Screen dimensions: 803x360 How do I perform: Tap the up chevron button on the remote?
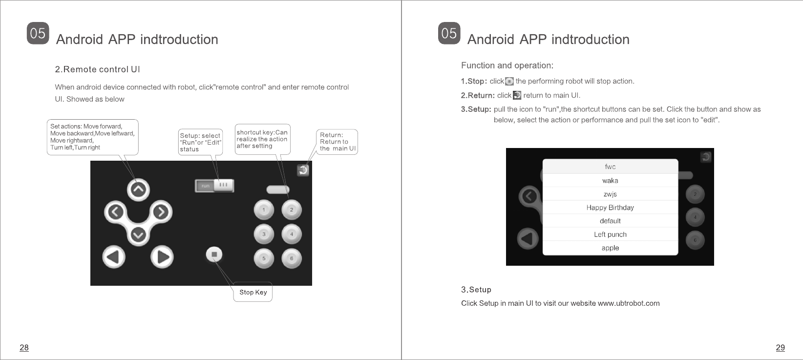pos(138,190)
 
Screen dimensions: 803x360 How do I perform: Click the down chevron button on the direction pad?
pos(138,235)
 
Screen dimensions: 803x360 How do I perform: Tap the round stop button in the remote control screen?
pos(214,254)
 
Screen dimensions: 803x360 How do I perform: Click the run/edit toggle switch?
pos(214,186)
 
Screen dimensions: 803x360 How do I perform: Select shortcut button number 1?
pos(264,210)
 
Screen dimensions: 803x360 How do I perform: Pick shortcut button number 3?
pos(264,234)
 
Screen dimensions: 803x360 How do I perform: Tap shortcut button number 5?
pos(264,258)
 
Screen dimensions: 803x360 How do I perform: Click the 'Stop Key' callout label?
pos(253,292)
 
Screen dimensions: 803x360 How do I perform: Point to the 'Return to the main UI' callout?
pos(337,142)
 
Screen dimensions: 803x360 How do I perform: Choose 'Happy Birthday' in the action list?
pos(610,208)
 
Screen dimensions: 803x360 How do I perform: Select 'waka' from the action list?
pos(610,181)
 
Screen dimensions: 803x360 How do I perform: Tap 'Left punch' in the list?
pos(610,234)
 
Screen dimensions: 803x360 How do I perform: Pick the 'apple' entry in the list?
pos(610,248)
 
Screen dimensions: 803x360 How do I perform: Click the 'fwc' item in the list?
pos(610,167)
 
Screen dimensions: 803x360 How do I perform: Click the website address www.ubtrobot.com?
pos(629,303)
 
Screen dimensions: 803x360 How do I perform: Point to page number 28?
pos(24,347)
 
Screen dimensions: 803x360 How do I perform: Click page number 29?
pos(781,347)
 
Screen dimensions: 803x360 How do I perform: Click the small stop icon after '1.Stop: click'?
pos(509,82)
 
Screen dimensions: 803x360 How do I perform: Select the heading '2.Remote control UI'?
pos(98,69)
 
